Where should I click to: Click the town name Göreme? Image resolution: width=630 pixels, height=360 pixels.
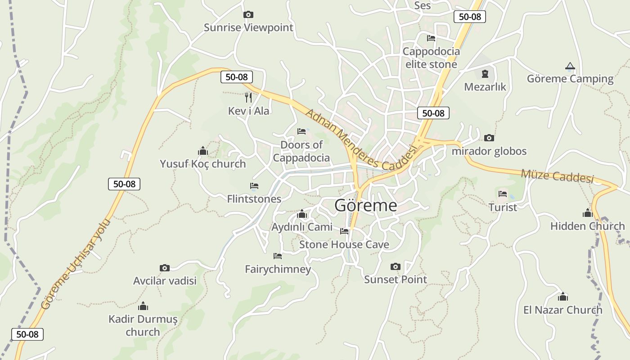(365, 206)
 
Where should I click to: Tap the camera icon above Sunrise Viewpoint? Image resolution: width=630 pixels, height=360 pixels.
(248, 15)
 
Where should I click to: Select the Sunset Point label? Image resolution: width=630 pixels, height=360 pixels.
(395, 279)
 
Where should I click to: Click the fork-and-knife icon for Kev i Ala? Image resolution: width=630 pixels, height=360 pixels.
(248, 97)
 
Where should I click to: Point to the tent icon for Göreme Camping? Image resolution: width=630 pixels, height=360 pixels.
(570, 66)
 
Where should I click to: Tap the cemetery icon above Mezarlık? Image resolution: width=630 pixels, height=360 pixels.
(485, 73)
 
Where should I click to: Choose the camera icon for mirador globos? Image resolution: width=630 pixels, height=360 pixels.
(489, 138)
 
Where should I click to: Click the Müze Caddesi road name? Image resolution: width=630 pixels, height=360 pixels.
(557, 176)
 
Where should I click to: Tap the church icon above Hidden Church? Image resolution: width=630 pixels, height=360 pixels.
(587, 213)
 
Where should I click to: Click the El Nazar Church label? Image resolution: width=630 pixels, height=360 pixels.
(562, 310)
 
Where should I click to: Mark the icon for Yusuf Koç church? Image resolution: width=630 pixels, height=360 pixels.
(202, 151)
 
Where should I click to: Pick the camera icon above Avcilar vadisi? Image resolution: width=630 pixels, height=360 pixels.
(165, 268)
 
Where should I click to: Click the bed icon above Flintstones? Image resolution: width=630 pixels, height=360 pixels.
(254, 186)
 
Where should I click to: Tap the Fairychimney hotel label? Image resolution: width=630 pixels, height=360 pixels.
(278, 270)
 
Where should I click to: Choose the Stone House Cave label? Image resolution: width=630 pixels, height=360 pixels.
(344, 245)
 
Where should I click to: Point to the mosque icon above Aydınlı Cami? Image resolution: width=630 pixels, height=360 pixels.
(302, 214)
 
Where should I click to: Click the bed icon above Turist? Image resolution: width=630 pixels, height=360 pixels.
(503, 194)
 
